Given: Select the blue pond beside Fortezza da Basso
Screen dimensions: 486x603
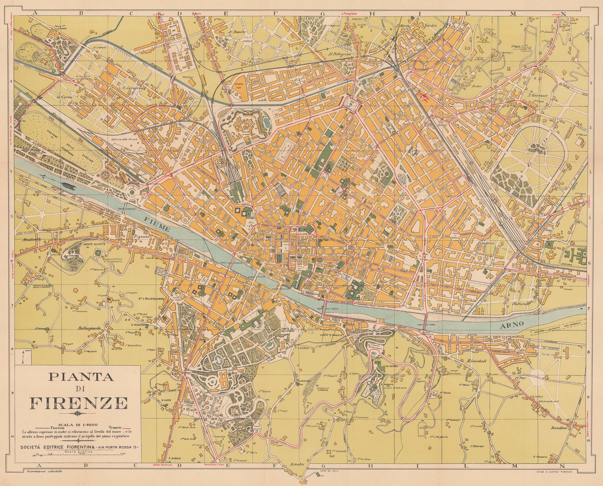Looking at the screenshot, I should click(267, 122).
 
